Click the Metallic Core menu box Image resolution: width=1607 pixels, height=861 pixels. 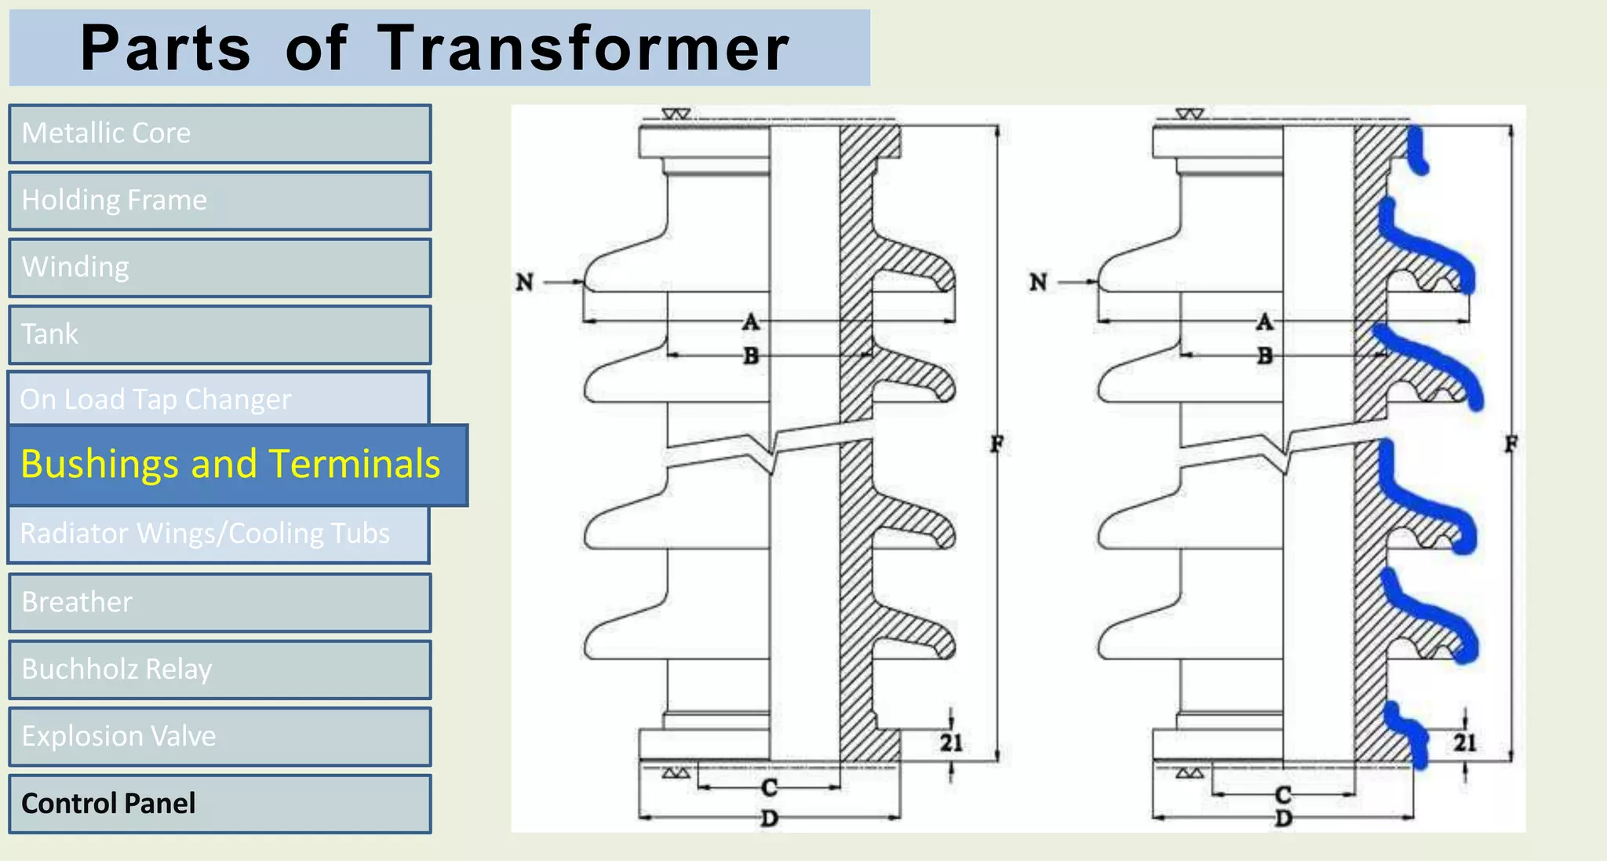coord(220,133)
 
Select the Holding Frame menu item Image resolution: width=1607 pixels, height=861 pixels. coord(220,201)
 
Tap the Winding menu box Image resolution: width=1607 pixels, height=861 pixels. coord(220,268)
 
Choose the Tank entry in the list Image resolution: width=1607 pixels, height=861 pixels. coord(220,334)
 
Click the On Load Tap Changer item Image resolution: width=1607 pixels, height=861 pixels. coord(218,399)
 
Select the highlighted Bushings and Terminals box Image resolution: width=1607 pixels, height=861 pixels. coord(238,465)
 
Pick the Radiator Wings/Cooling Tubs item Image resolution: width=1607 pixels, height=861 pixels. coord(218,534)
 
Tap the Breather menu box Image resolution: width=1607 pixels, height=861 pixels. coord(220,602)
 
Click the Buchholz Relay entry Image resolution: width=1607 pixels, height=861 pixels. coord(220,669)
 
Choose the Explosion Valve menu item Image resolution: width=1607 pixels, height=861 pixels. coord(220,736)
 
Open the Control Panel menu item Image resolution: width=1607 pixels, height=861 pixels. coord(220,804)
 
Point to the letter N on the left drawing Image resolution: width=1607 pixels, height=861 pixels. coord(524,282)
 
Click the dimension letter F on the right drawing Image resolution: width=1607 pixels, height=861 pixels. coord(1510,444)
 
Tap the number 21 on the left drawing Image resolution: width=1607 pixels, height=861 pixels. coord(951,742)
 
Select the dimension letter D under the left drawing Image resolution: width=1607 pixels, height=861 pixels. coord(769,819)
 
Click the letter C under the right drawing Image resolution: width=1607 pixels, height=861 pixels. coord(1283,794)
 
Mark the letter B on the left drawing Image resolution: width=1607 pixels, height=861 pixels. coord(751,356)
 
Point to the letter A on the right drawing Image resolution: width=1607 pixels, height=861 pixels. coord(1264,322)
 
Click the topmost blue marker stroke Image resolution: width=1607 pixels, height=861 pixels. coord(1416,151)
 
